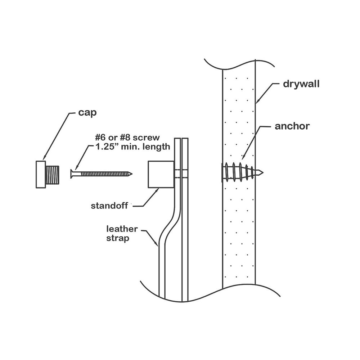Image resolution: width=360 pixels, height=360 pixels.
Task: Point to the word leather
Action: click(x=121, y=229)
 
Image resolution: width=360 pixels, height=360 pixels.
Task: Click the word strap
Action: click(x=118, y=238)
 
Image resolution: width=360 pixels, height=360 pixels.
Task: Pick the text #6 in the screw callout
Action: click(x=101, y=138)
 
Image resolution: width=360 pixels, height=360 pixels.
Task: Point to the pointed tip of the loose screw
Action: click(x=130, y=174)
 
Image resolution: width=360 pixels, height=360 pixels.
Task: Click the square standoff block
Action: click(x=161, y=175)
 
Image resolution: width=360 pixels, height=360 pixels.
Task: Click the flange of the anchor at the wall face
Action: click(x=221, y=172)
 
